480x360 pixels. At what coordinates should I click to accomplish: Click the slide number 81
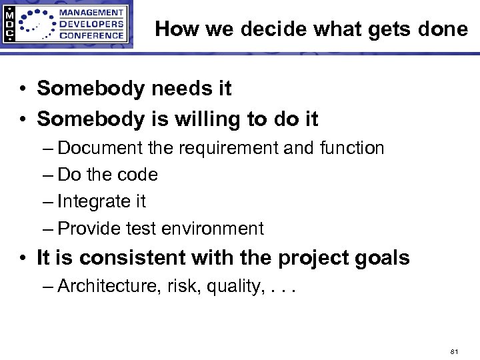(x=455, y=351)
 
